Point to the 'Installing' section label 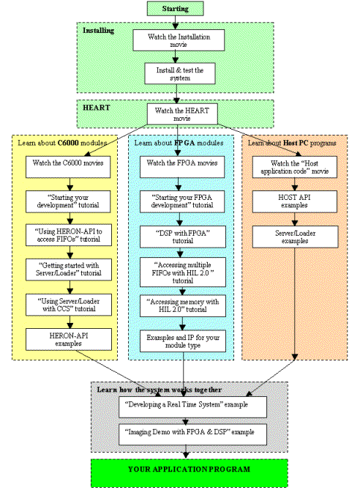coord(98,31)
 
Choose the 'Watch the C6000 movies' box coord(67,166)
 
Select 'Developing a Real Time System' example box coord(192,406)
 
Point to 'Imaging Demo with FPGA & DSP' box coord(192,433)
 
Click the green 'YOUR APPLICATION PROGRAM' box coord(190,469)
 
